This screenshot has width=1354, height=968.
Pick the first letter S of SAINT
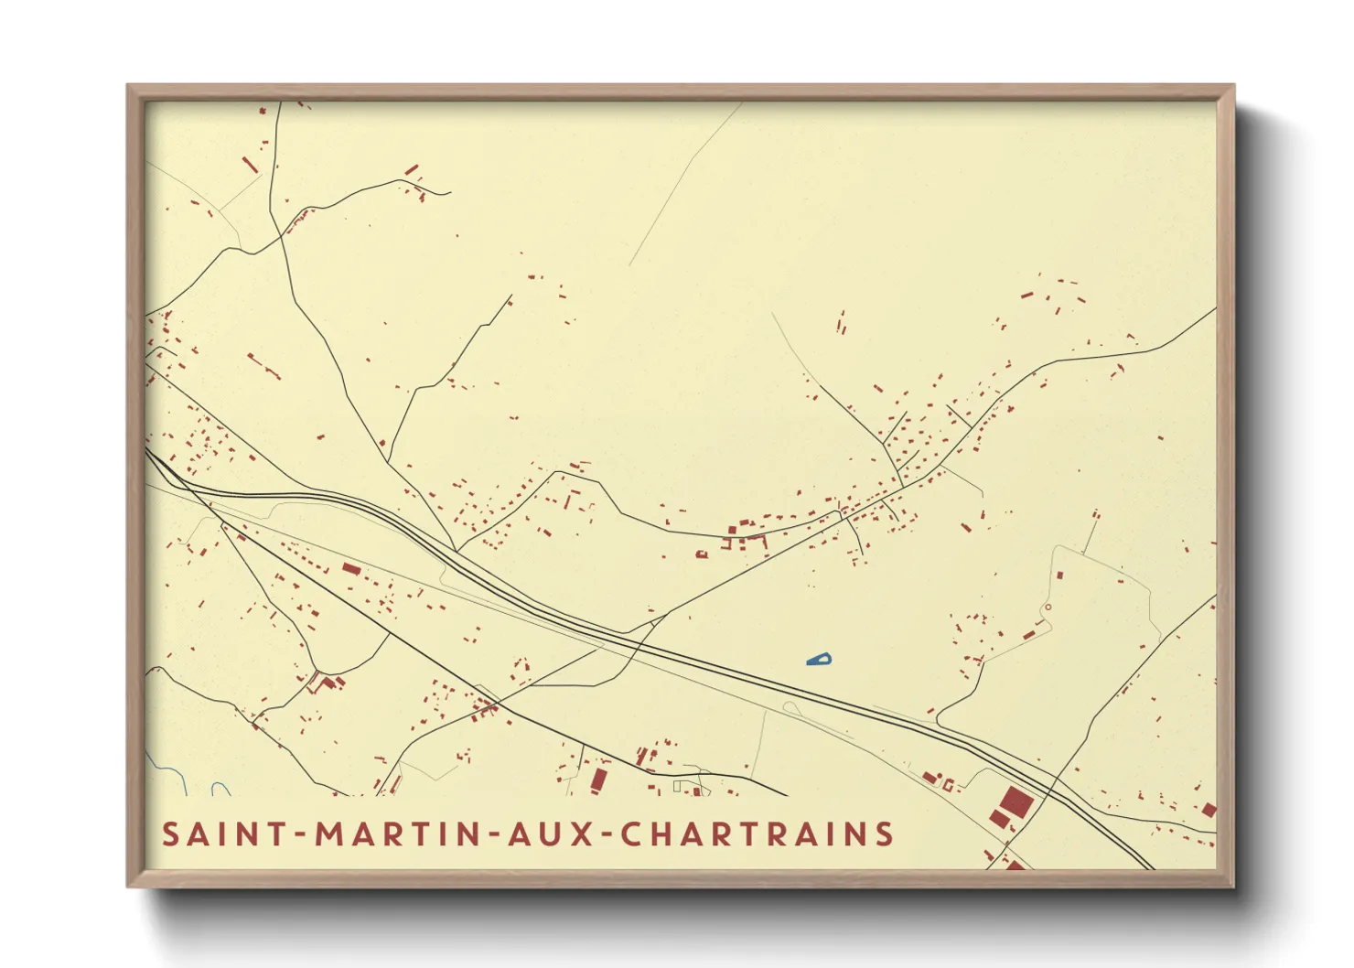pos(171,834)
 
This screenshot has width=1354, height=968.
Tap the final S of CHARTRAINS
pos(884,834)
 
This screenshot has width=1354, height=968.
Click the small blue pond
pos(820,659)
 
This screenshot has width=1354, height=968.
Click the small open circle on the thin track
pos(1048,607)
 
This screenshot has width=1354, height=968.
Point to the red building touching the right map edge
pos(1209,810)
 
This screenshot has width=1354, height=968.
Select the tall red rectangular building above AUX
pos(598,780)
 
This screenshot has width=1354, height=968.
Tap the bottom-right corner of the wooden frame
pos(1232,885)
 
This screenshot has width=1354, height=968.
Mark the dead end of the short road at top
pos(449,192)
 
